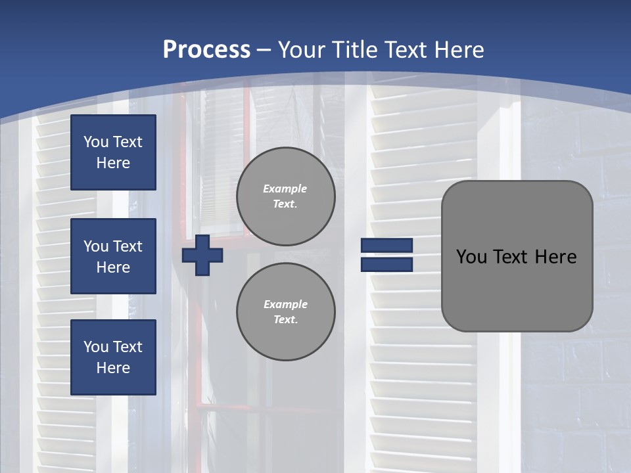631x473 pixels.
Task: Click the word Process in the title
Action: (206, 50)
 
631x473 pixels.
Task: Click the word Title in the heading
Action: (355, 50)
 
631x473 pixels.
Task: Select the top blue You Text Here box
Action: (113, 152)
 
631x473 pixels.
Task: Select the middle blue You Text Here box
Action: (113, 256)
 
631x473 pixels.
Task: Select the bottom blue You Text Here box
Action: (113, 357)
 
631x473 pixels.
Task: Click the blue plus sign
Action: (202, 255)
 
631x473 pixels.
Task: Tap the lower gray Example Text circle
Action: (285, 312)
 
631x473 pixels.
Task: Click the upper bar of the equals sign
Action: (386, 246)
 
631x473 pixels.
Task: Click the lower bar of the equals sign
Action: (386, 264)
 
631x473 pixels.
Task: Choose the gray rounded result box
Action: (517, 289)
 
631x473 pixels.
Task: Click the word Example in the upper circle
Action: (285, 189)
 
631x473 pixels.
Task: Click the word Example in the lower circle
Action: (285, 304)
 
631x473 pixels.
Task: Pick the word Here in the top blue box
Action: (113, 163)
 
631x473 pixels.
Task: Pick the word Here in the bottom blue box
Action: (113, 368)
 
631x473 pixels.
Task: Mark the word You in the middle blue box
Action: (95, 246)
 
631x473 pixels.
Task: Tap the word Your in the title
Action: (302, 50)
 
